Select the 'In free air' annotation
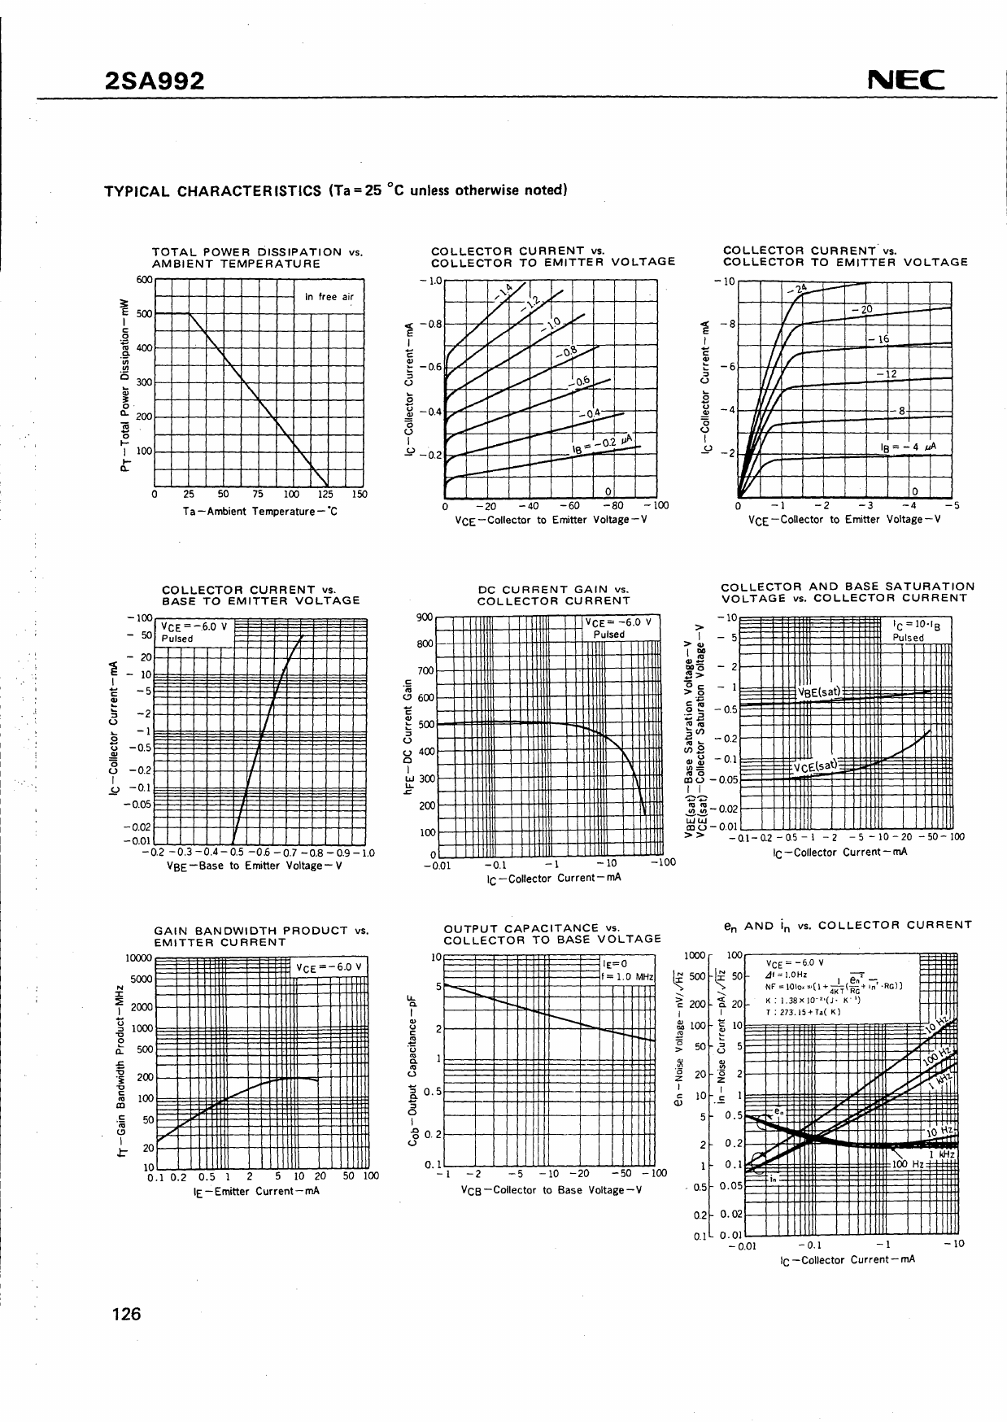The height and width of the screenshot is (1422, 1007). tap(329, 297)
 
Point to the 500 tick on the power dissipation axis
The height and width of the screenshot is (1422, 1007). tap(144, 314)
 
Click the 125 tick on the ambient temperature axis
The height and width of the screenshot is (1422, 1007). tap(325, 494)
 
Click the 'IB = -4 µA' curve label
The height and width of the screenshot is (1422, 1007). tap(907, 447)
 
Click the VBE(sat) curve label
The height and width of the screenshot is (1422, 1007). tap(818, 692)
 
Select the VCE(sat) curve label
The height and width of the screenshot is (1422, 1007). tap(815, 766)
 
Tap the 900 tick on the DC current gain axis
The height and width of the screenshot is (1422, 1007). tap(424, 617)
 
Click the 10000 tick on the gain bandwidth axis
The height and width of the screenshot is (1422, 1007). tap(138, 958)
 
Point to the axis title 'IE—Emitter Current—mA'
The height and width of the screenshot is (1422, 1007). tap(256, 1191)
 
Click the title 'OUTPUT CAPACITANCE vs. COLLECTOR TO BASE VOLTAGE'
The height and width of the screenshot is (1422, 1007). tap(551, 933)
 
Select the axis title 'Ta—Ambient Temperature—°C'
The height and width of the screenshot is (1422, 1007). tap(259, 511)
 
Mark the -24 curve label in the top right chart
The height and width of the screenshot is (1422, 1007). tap(797, 289)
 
